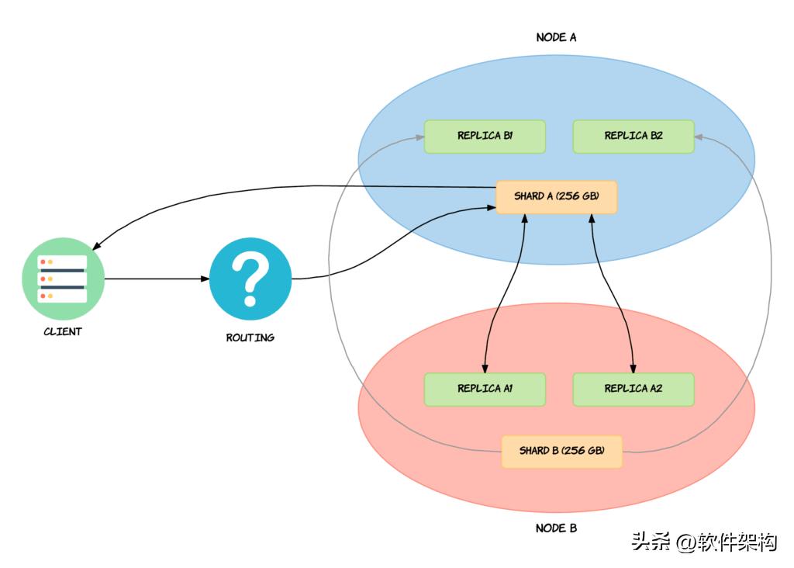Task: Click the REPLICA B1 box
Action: [485, 137]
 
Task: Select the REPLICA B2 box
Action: [633, 137]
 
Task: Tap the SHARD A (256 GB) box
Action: [556, 197]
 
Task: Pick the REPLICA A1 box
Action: [485, 390]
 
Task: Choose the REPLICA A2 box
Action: [633, 390]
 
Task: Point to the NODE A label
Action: [556, 37]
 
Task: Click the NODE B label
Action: [556, 528]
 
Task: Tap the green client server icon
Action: [63, 279]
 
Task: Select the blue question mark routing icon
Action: [250, 279]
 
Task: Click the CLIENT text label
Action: [63, 332]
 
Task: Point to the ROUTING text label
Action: [250, 338]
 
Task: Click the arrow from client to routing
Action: [155, 279]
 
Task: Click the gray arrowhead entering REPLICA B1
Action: [419, 137]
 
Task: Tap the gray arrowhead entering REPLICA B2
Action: [699, 137]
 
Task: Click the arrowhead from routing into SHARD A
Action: [492, 207]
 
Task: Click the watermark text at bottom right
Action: [704, 542]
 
